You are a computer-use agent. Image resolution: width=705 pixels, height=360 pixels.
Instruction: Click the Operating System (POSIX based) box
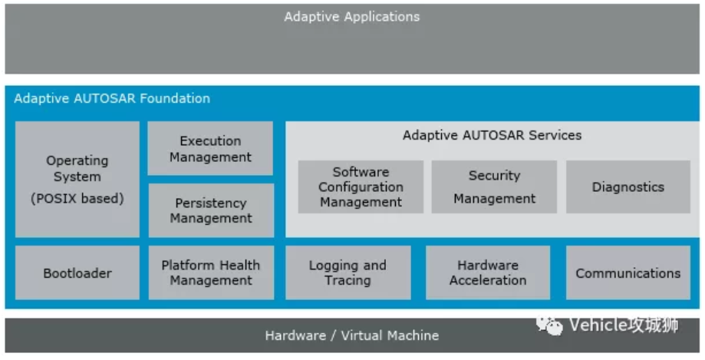[x=77, y=179]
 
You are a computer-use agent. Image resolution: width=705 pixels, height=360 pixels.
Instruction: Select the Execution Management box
[x=210, y=149]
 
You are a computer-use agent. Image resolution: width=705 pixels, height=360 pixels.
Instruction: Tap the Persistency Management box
[x=210, y=210]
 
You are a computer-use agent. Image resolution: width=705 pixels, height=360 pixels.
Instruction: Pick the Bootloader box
[x=77, y=272]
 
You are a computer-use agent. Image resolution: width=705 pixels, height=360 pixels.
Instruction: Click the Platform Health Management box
[x=210, y=272]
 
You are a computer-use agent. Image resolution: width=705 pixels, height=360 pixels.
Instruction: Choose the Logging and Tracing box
[x=348, y=272]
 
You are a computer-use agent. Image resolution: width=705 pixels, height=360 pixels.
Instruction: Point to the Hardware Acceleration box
[x=488, y=272]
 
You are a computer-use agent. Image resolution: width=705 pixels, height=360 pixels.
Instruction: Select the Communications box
[x=628, y=272]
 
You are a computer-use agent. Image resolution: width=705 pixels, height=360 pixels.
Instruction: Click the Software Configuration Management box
[x=361, y=187]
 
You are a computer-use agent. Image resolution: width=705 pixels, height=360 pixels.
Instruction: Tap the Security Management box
[x=494, y=187]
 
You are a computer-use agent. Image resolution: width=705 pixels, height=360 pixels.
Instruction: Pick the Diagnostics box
[x=628, y=187]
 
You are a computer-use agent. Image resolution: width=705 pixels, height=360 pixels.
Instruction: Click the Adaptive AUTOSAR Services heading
[x=492, y=135]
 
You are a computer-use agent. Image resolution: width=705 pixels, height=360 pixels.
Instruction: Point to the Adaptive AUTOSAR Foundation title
[x=112, y=98]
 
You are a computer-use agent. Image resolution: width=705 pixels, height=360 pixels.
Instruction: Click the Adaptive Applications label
[x=352, y=16]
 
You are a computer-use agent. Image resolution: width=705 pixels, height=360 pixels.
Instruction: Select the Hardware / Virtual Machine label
[x=352, y=335]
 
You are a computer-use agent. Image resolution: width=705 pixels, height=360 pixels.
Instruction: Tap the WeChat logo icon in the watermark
[x=549, y=325]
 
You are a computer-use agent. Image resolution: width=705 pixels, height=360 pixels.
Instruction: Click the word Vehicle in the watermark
[x=598, y=325]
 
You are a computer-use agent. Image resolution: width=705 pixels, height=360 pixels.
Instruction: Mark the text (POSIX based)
[x=77, y=198]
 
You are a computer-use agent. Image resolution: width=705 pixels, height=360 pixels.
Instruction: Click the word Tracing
[x=348, y=280]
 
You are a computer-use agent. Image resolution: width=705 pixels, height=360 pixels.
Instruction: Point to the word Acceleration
[x=488, y=280]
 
